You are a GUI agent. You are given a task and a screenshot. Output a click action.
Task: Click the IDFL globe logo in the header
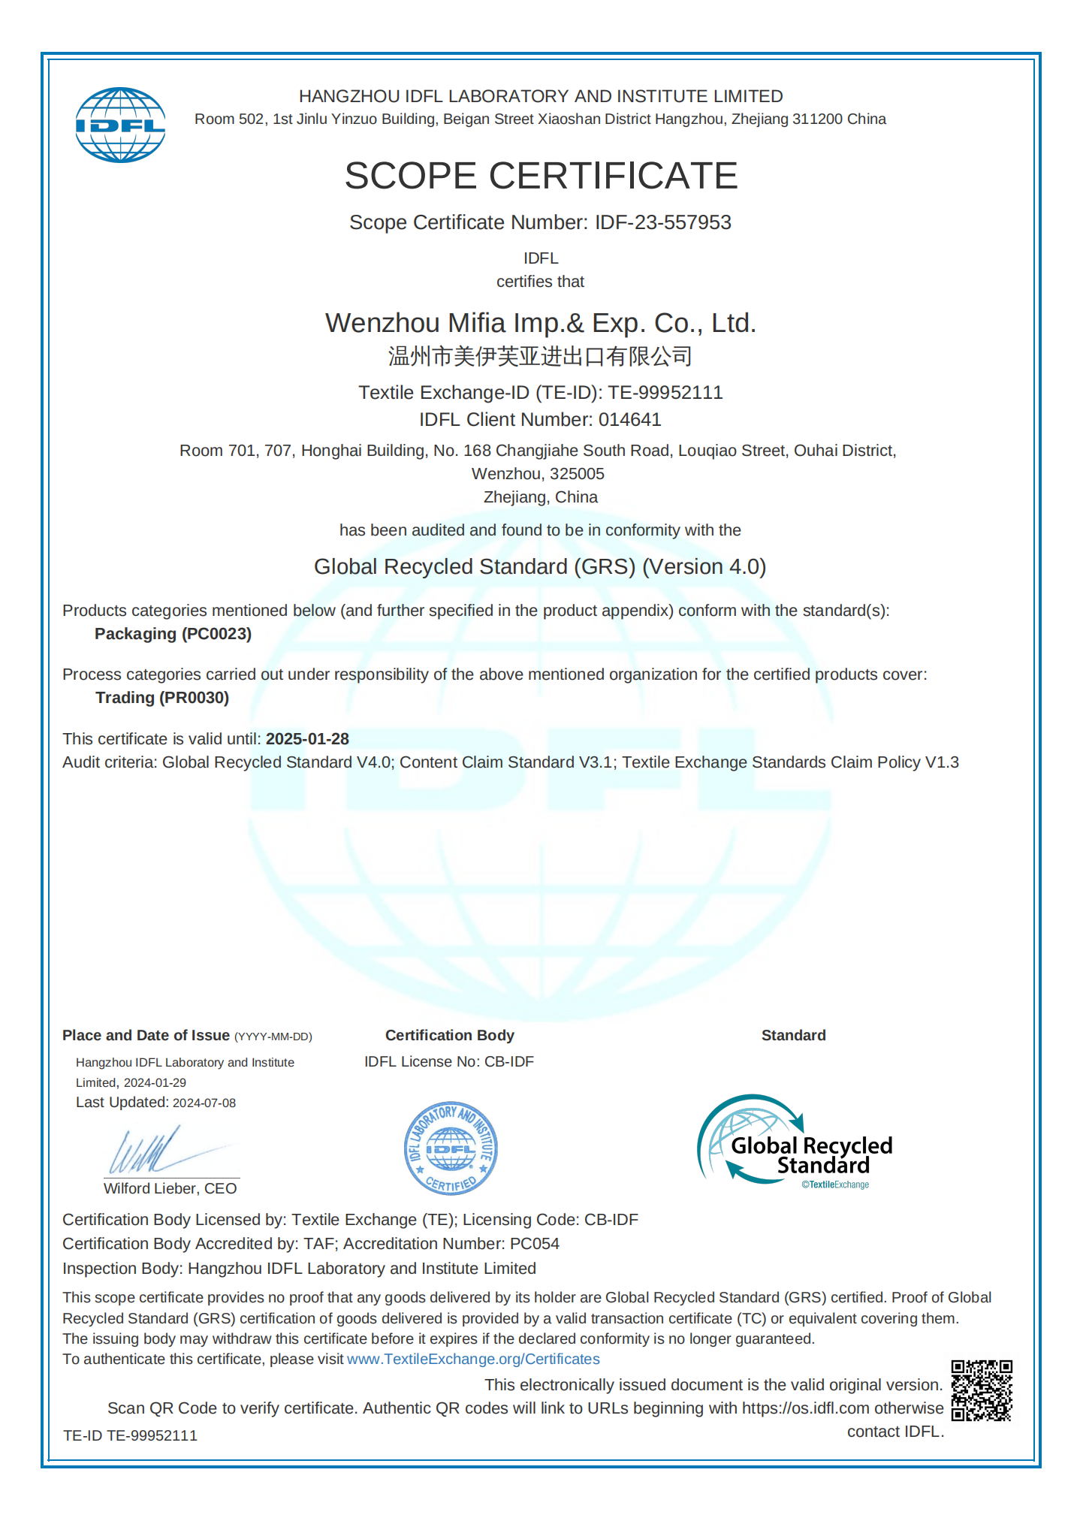[x=120, y=125]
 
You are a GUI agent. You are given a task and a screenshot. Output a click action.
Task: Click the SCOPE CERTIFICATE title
[x=541, y=176]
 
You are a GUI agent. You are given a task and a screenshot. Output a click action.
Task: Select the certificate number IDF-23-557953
[x=662, y=222]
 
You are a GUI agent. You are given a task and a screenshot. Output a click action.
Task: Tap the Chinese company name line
[x=540, y=356]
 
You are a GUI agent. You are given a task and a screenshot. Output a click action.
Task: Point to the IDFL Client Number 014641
[x=629, y=419]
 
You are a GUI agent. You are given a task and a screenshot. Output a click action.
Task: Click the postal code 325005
[x=577, y=474]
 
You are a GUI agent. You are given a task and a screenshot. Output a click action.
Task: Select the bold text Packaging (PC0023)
[x=173, y=634]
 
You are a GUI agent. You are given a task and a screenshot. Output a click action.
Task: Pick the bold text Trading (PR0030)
[x=162, y=698]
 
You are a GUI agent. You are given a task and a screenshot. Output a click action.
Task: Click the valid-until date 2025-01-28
[x=307, y=739]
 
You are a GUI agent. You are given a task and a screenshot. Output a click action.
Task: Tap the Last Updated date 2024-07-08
[x=204, y=1103]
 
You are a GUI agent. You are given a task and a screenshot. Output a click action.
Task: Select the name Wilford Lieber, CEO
[x=170, y=1188]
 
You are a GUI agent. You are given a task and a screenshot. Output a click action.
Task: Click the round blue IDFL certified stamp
[x=451, y=1148]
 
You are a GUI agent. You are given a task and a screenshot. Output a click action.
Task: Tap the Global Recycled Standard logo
[x=795, y=1142]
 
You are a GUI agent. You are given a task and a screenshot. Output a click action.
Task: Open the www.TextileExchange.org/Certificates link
[x=473, y=1359]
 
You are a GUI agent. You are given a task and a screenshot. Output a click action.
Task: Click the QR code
[x=982, y=1390]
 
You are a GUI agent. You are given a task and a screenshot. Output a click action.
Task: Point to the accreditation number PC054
[x=535, y=1244]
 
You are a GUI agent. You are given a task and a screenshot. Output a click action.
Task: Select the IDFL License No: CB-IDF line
[x=449, y=1061]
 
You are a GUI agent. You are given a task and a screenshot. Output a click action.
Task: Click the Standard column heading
[x=793, y=1035]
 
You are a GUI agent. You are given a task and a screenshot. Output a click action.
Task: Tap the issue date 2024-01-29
[x=155, y=1082]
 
